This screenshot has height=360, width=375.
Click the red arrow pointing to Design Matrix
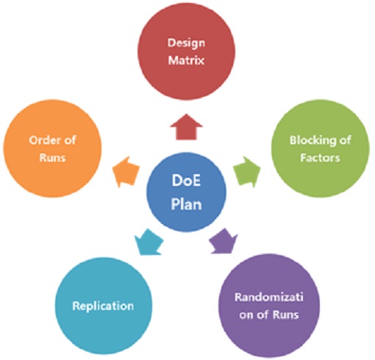(186, 127)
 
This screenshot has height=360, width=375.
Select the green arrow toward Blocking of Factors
(247, 171)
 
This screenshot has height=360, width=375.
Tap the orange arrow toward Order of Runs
(126, 172)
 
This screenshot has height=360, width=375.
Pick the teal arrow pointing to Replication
(149, 242)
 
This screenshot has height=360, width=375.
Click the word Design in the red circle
(186, 43)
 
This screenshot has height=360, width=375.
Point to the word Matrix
(186, 60)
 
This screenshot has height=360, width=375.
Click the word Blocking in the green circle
(310, 141)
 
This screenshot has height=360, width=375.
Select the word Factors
(320, 158)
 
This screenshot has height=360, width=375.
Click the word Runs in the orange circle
(52, 158)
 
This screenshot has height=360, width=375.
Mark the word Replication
(103, 306)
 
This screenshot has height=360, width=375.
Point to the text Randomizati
(269, 298)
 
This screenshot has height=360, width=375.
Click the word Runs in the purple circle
(286, 314)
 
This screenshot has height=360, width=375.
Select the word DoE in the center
(186, 181)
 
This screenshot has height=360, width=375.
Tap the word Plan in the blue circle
(186, 204)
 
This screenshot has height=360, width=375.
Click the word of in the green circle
(346, 140)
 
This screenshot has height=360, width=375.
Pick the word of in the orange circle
(70, 140)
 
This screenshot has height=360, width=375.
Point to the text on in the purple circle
(246, 315)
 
